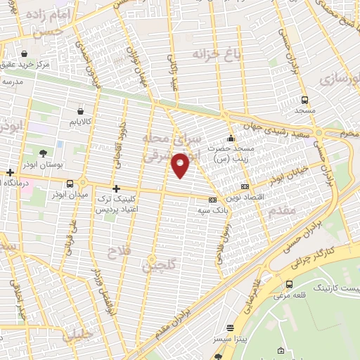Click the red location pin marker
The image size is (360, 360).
point(181,165)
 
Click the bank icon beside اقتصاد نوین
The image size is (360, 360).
point(244,186)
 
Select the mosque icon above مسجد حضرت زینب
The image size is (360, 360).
point(231,138)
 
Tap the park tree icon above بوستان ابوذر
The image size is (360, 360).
point(44,153)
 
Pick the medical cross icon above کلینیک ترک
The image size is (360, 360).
point(116,188)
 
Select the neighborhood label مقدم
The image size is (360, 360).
point(281,210)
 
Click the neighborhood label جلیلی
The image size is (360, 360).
point(77,336)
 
